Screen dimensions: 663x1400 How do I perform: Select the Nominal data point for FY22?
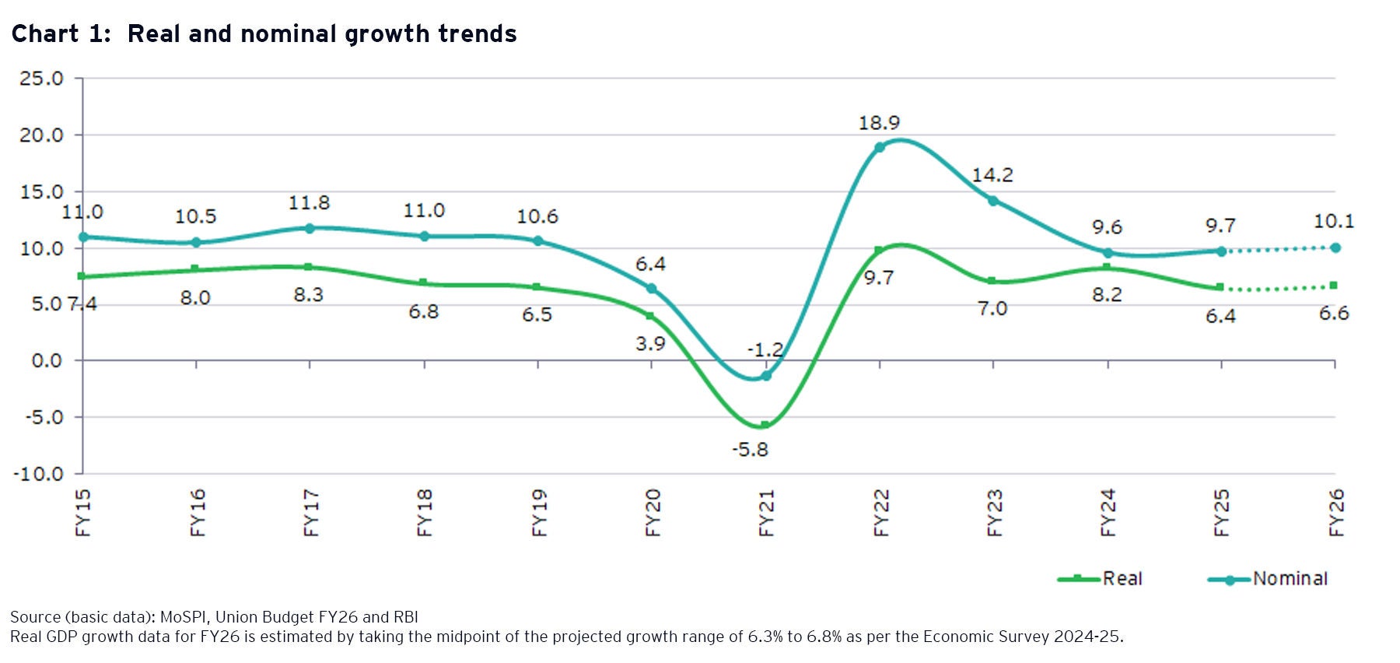pos(879,147)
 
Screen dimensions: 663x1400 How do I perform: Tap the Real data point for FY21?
pos(765,425)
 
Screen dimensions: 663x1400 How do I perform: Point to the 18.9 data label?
pos(879,123)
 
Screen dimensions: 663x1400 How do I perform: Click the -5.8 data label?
pos(750,450)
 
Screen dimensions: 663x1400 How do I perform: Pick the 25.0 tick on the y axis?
pos(41,79)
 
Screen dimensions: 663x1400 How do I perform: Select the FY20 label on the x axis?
pos(653,513)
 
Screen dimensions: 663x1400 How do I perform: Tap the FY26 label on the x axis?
pos(1336,513)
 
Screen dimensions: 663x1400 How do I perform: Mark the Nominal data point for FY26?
pos(1335,247)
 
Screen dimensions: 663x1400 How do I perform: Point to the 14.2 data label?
pos(992,175)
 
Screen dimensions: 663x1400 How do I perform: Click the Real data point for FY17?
pos(309,267)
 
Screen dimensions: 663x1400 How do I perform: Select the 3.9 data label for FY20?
pos(650,343)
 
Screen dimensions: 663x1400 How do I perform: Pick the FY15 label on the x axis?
pos(83,513)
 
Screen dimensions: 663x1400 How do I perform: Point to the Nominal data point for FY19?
pos(537,240)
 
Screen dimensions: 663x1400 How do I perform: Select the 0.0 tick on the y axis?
pos(47,361)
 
